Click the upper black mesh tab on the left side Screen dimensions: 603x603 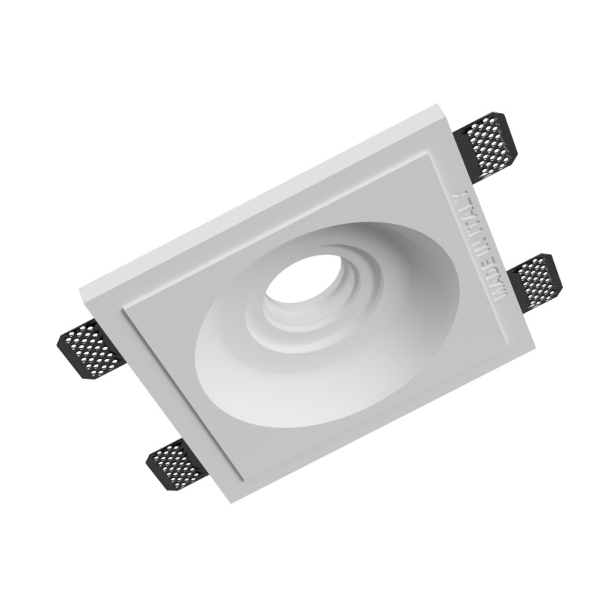90,348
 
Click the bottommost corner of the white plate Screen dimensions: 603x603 231,503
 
